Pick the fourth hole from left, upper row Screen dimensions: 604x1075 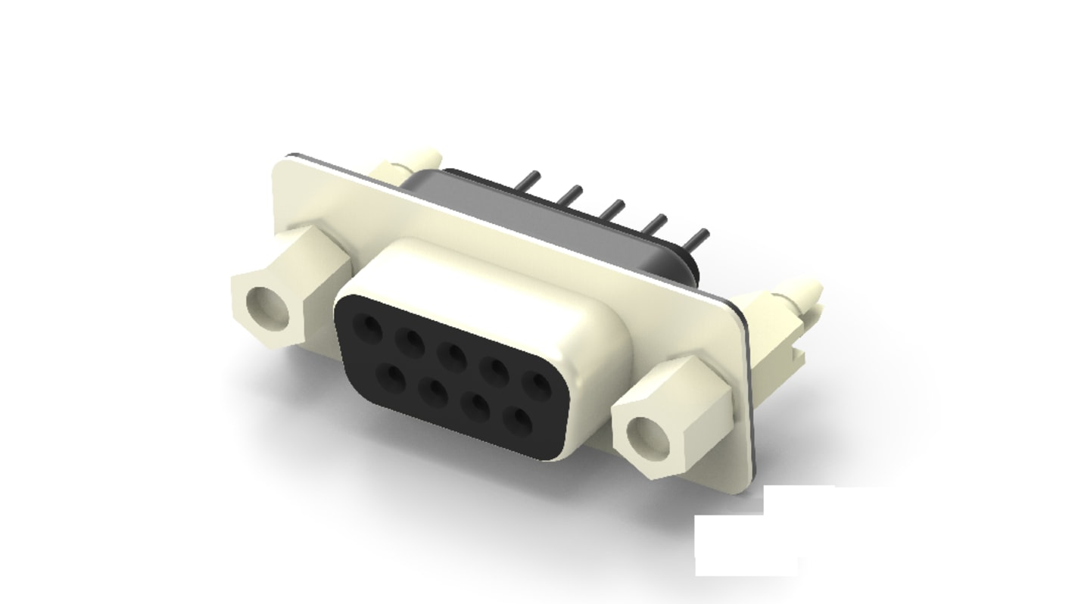pyautogui.click(x=497, y=369)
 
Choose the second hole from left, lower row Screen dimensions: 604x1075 pyautogui.click(x=434, y=389)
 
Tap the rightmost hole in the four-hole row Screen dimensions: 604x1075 pyautogui.click(x=519, y=418)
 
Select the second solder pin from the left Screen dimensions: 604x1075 pyautogui.click(x=572, y=194)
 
